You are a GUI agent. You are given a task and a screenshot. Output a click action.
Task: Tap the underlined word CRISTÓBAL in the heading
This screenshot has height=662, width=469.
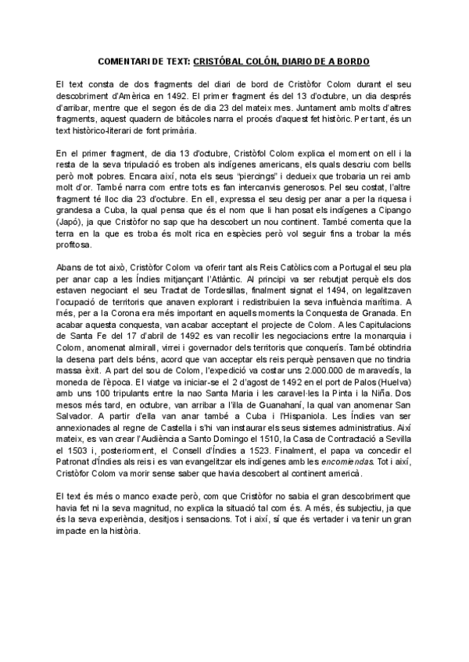224,60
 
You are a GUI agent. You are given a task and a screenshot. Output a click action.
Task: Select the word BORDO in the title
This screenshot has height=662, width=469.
353,60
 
